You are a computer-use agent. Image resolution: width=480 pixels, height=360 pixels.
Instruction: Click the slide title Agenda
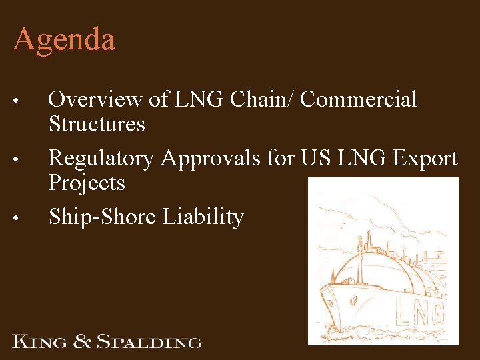pyautogui.click(x=64, y=40)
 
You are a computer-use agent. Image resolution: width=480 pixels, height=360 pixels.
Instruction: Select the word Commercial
pyautogui.click(x=359, y=99)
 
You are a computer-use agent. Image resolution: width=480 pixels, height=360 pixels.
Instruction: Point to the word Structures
pyautogui.click(x=97, y=124)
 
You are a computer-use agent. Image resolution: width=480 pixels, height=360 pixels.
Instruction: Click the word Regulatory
pyautogui.click(x=101, y=159)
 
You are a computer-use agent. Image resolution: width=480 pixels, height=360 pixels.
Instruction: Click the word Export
pyautogui.click(x=424, y=159)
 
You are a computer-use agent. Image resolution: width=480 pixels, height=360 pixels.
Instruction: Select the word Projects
pyautogui.click(x=87, y=183)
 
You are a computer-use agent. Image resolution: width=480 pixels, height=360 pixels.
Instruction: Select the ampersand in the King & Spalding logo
pyautogui.click(x=82, y=342)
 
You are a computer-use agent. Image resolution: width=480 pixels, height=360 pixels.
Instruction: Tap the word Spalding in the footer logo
pyautogui.click(x=149, y=343)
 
